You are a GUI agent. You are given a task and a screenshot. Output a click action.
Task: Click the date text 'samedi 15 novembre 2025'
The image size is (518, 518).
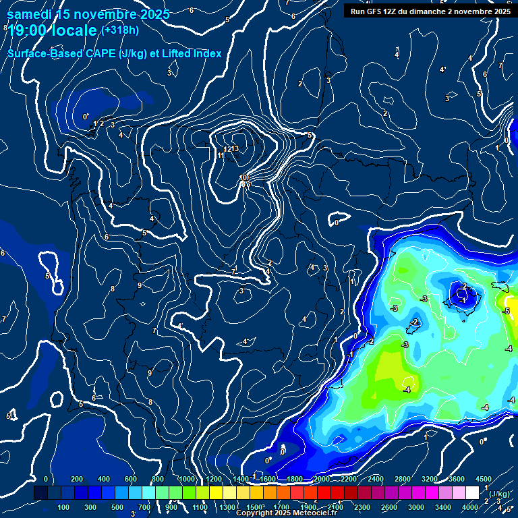click(x=88, y=14)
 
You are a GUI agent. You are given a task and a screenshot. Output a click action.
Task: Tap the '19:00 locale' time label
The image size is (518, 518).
click(x=53, y=31)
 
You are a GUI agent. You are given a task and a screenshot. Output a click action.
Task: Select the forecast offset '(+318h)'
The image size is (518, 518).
click(x=120, y=30)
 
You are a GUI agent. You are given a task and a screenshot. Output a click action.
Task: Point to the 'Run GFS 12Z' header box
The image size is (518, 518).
click(x=430, y=11)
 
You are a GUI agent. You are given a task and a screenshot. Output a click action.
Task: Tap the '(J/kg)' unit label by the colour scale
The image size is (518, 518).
click(x=498, y=494)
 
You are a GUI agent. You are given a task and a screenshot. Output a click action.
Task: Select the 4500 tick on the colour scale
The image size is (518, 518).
click(x=483, y=479)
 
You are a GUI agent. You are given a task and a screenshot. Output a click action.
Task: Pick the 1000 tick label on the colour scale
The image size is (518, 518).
click(x=185, y=479)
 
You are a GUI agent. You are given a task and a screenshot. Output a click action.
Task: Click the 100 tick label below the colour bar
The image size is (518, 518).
click(x=64, y=507)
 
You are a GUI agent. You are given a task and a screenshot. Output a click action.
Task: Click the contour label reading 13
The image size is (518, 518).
click(x=235, y=149)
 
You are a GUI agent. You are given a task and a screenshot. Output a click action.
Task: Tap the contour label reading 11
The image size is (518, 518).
click(x=221, y=156)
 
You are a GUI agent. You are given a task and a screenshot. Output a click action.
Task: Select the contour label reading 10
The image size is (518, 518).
click(x=243, y=177)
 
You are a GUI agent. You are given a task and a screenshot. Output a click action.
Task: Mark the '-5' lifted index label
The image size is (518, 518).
click(x=506, y=311)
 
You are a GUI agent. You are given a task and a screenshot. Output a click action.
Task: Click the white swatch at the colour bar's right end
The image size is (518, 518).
click(x=472, y=493)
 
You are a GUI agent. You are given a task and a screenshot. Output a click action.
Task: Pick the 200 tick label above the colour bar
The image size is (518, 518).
click(x=76, y=479)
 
